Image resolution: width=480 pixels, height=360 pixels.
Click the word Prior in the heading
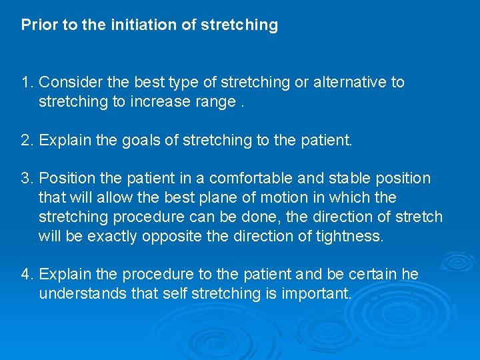(35, 25)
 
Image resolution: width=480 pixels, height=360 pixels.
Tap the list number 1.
(27, 83)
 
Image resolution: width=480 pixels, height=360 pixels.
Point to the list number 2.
(27, 141)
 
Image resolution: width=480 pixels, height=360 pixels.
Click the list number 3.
(27, 179)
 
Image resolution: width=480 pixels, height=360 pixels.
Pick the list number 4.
(27, 275)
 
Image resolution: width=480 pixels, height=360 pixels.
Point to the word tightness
(348, 236)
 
